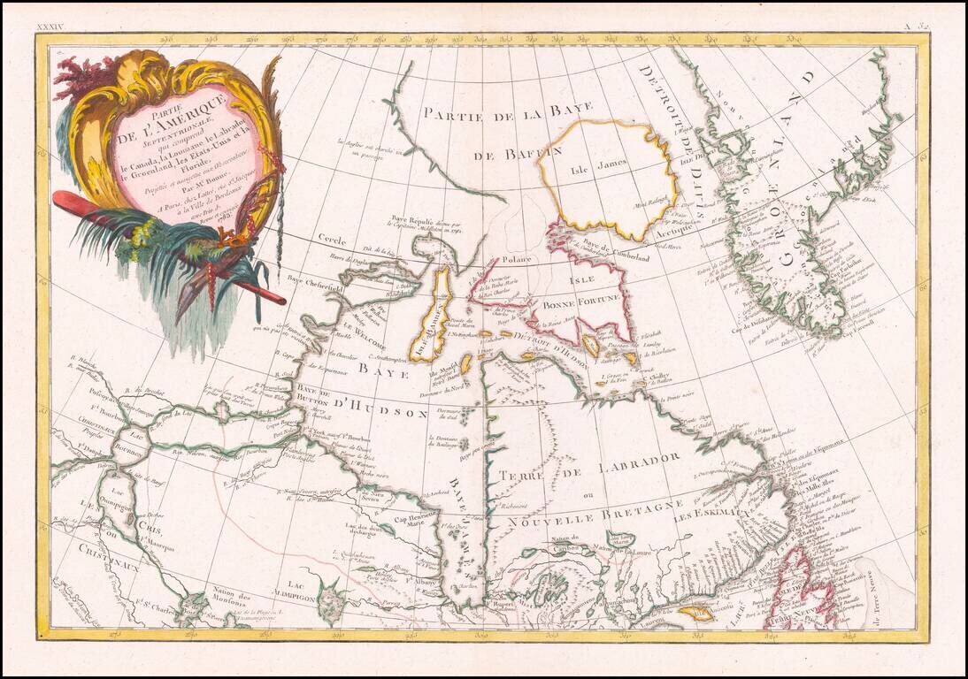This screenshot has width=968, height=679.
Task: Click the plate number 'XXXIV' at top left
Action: [50, 28]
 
